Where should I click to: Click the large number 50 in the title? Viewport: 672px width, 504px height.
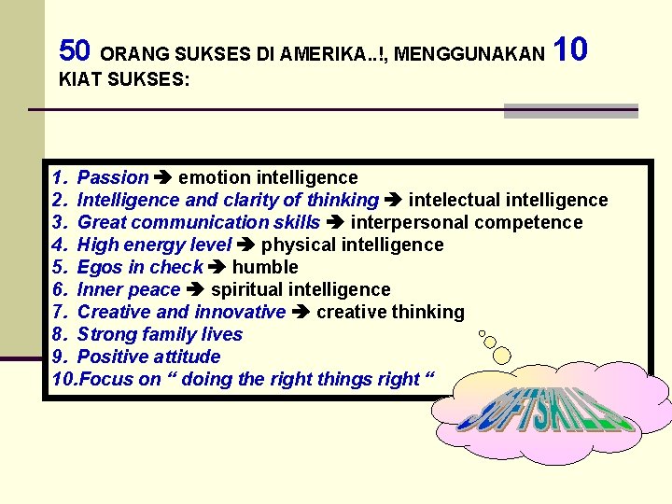[x=75, y=49]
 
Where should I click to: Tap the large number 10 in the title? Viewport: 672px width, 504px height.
[x=570, y=49]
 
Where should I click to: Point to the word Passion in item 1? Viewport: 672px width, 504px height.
[x=113, y=177]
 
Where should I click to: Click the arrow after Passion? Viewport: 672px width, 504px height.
[x=163, y=177]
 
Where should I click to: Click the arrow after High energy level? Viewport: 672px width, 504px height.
[x=246, y=245]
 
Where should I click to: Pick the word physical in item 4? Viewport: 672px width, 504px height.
[x=299, y=245]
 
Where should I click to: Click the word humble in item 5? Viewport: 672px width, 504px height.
[x=265, y=267]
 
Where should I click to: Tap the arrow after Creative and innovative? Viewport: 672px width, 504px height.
[x=301, y=312]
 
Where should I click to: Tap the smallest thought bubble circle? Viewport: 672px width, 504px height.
[x=482, y=332]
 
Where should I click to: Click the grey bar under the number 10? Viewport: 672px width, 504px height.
[x=570, y=111]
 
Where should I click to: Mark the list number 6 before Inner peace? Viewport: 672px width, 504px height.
[x=58, y=289]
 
